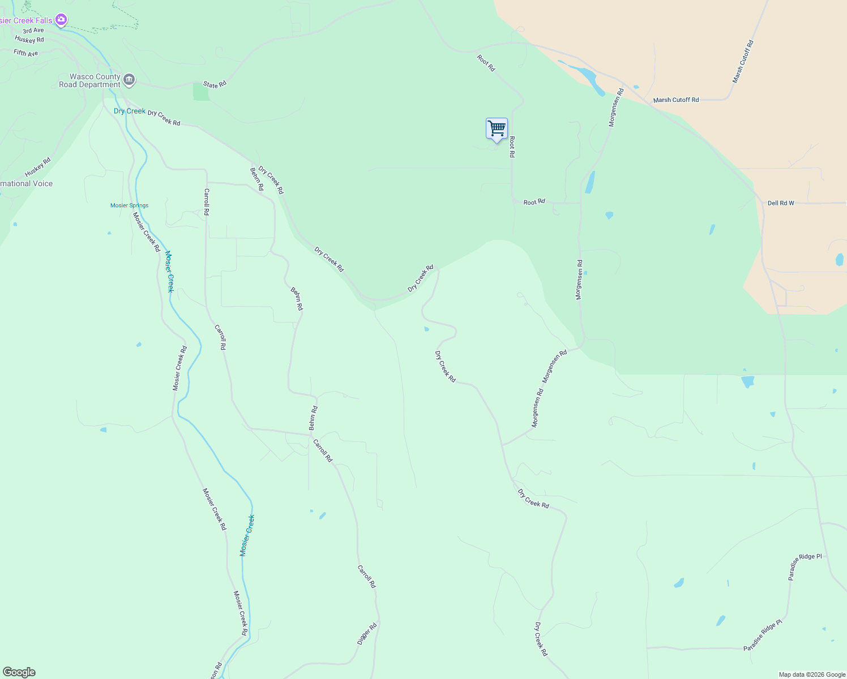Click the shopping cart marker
click(x=497, y=129)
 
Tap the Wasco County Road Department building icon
click(x=129, y=80)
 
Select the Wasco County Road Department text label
click(x=91, y=80)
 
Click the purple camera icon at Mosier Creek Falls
click(x=61, y=20)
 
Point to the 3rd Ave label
click(x=33, y=31)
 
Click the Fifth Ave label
click(x=25, y=53)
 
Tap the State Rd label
click(x=215, y=84)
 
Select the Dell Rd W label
click(x=781, y=203)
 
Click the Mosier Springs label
click(x=129, y=205)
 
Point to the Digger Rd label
click(x=367, y=634)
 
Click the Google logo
click(x=19, y=672)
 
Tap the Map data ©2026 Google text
click(x=812, y=674)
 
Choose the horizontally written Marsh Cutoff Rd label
click(x=676, y=100)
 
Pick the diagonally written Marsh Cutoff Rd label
click(x=743, y=62)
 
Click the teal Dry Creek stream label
click(x=129, y=111)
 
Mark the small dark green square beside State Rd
click(x=201, y=91)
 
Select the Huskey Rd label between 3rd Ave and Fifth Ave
click(x=29, y=40)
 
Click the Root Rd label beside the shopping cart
click(x=512, y=147)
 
